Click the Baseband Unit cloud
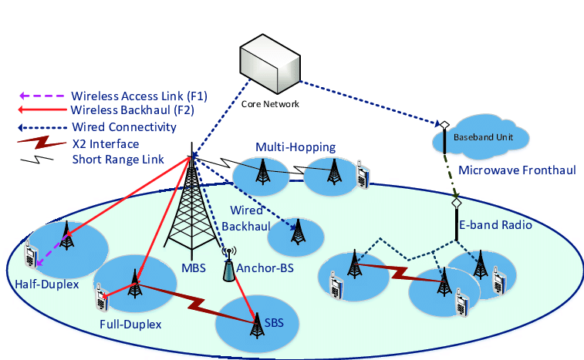pos(482,137)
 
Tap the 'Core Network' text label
pos(271,104)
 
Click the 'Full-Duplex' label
pos(130,324)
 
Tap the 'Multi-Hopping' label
pos(295,147)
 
